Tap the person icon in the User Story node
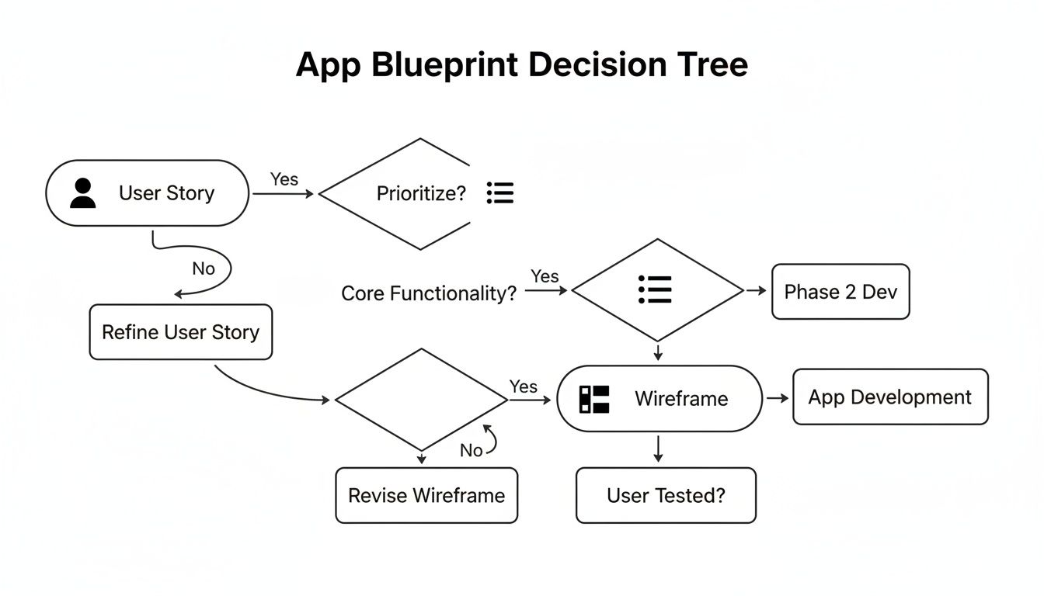click(x=82, y=193)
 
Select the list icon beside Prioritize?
click(x=500, y=192)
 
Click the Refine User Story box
click(x=180, y=332)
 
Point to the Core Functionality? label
click(x=429, y=293)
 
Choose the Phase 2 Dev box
click(x=840, y=292)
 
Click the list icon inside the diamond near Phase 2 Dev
click(x=654, y=289)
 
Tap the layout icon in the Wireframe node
click(x=594, y=399)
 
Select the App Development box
click(x=889, y=397)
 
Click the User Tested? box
click(x=666, y=495)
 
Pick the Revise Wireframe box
click(x=426, y=495)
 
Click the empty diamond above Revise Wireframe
click(x=421, y=400)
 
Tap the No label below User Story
click(x=204, y=269)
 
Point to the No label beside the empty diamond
click(x=471, y=450)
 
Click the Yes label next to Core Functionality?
click(x=545, y=276)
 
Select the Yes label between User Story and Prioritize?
click(x=284, y=179)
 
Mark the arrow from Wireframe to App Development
click(x=777, y=398)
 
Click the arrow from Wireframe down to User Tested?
click(x=658, y=449)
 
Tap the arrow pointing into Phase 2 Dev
click(x=756, y=290)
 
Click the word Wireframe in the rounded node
click(x=681, y=399)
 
